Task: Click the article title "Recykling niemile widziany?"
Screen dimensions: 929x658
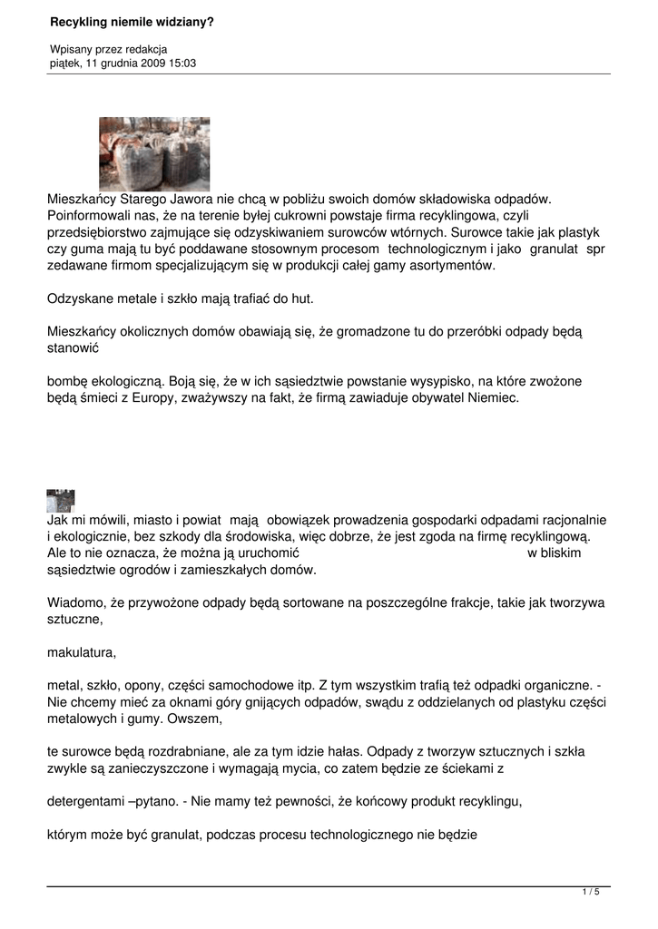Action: coord(132,19)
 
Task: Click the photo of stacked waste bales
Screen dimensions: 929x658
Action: coord(154,153)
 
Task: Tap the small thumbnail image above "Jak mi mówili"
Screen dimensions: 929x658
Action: coord(60,500)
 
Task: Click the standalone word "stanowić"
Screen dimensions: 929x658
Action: coord(72,347)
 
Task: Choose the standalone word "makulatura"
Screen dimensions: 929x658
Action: coord(81,651)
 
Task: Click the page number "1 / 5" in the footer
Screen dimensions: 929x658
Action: coord(590,893)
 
